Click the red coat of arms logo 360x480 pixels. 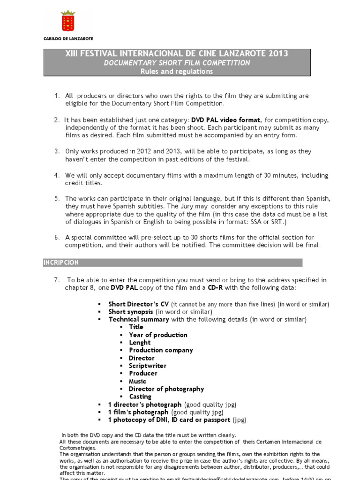(x=68, y=22)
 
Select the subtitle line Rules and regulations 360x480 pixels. (x=177, y=71)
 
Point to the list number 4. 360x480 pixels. (x=56, y=175)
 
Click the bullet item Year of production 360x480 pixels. (x=158, y=335)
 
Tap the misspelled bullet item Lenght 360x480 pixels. (x=140, y=343)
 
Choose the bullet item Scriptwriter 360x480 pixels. (x=148, y=366)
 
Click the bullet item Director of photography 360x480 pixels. (x=166, y=389)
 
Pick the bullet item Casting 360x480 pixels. (x=140, y=397)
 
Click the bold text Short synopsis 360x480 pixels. (x=131, y=312)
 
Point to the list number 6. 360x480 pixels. (x=56, y=237)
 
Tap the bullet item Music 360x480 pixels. (x=138, y=381)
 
